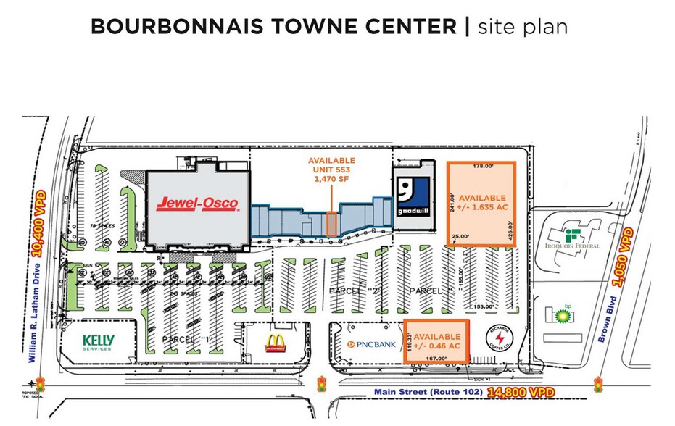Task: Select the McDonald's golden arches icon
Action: pyautogui.click(x=274, y=342)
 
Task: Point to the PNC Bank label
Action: pyautogui.click(x=371, y=344)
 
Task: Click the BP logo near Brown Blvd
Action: pyautogui.click(x=560, y=313)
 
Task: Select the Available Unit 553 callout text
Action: pyautogui.click(x=332, y=170)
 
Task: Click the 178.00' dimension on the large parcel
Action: pyautogui.click(x=483, y=166)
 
